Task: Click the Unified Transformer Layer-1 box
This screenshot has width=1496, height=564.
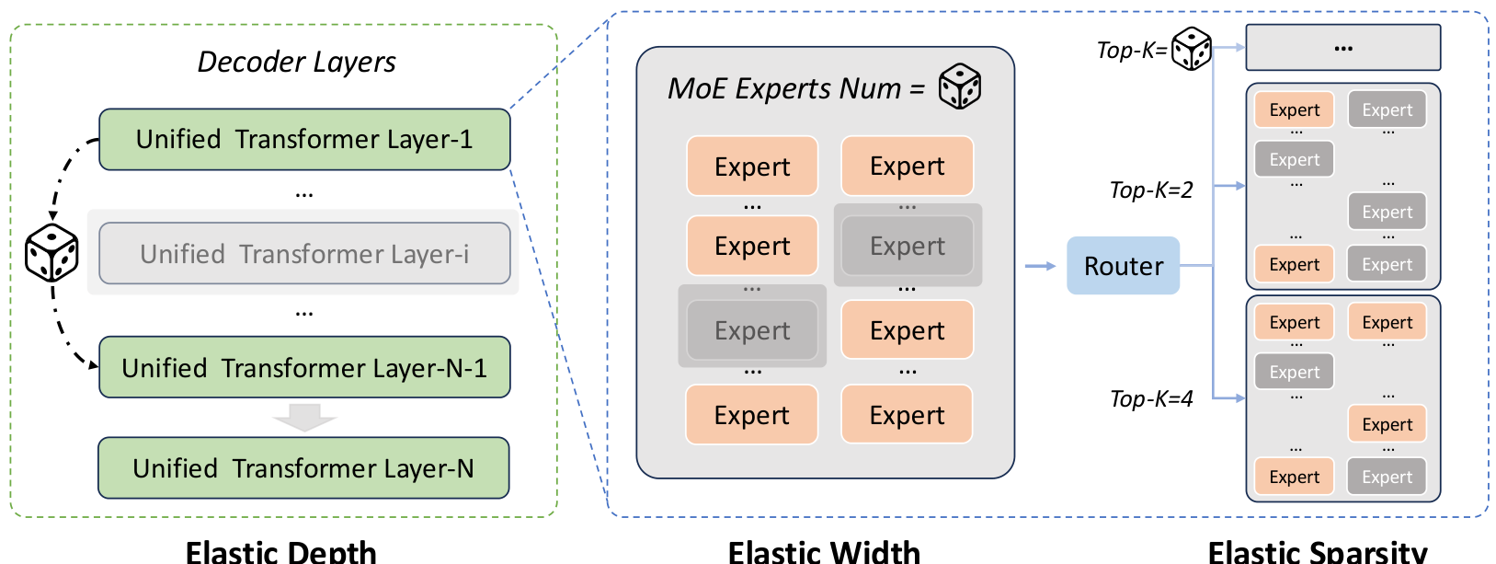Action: coord(304,139)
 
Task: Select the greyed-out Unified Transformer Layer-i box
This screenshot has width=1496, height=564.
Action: coord(304,253)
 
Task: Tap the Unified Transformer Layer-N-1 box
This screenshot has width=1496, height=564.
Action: coord(304,367)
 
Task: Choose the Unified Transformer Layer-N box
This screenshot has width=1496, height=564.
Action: coord(303,467)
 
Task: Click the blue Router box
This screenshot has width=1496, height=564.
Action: coord(1123,266)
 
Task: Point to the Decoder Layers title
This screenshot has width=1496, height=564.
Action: coord(296,62)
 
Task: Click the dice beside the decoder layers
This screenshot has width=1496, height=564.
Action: coord(51,252)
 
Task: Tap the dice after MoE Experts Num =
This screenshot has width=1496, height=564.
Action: coord(960,86)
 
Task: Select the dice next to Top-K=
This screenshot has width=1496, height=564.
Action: coord(1192,49)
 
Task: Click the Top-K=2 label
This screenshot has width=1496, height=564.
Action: coord(1150,190)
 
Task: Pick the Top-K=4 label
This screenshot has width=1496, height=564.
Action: coord(1150,398)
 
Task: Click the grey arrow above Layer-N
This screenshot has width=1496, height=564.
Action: coord(304,417)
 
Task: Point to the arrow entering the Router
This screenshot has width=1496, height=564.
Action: coord(1040,266)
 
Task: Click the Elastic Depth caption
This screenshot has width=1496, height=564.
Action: coord(280,551)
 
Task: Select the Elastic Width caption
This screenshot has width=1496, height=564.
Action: coord(824,551)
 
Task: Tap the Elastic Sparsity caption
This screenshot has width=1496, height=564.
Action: coord(1317,551)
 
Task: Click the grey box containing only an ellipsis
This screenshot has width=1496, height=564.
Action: coord(1342,48)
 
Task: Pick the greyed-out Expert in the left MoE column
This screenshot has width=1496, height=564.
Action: coord(752,330)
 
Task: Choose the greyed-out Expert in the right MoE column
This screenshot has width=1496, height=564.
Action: coord(908,246)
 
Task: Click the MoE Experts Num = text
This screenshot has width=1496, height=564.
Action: coord(795,88)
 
